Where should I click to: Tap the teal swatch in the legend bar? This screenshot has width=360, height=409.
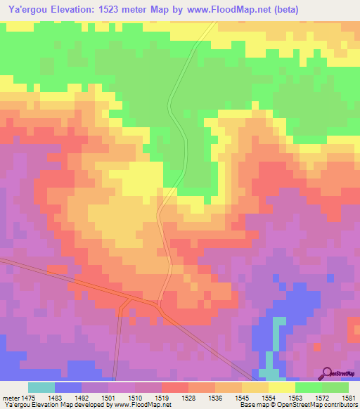tap(41, 387)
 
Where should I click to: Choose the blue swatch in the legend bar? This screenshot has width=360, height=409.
tap(67, 387)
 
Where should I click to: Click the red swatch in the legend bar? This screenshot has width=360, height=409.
tap(174, 387)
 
